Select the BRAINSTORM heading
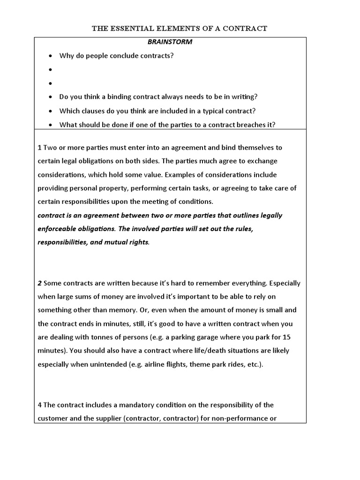[170, 42]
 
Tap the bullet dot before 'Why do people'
[51, 56]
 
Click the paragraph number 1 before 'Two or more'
[39, 148]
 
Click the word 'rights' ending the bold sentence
[138, 243]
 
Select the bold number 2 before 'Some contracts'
[39, 284]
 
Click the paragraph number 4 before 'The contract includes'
[39, 405]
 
